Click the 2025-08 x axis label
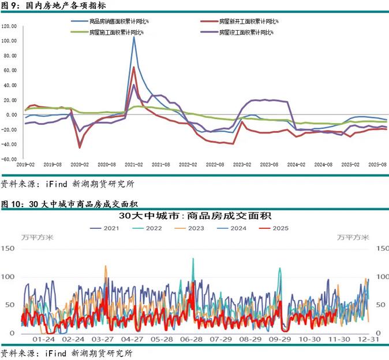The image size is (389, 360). click(x=378, y=165)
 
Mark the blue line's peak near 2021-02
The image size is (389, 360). click(x=134, y=37)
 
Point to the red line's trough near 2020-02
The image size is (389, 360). click(x=80, y=147)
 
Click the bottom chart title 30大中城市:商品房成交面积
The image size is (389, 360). click(x=194, y=216)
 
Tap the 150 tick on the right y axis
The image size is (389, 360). click(x=381, y=248)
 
